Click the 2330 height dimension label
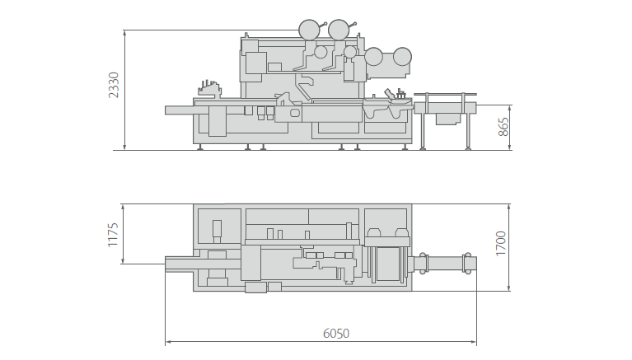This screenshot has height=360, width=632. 114,85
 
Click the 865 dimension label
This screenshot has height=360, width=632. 503,127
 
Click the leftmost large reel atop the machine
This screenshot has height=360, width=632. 310,30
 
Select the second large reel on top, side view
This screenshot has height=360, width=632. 339,30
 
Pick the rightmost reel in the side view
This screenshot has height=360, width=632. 402,56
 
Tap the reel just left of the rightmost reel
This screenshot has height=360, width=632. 374,57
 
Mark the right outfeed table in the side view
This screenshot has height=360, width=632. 445,107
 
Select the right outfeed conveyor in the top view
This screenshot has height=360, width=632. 445,264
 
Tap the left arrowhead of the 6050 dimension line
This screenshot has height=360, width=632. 168,341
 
